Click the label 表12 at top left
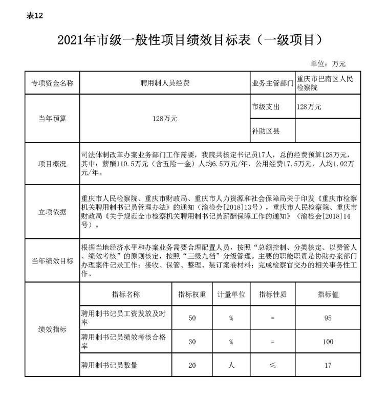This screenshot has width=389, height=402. click(x=35, y=15)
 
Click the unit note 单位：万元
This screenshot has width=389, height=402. click(x=328, y=64)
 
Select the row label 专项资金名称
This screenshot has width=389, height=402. click(x=52, y=83)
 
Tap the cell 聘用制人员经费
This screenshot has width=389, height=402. click(x=164, y=83)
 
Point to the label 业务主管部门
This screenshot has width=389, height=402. click(x=272, y=83)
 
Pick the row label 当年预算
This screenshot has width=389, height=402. click(x=52, y=118)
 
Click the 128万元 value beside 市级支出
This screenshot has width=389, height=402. click(x=309, y=107)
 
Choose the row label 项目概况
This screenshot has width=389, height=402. click(x=52, y=164)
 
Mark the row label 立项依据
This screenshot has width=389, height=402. click(x=52, y=212)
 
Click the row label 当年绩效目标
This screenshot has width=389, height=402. click(x=52, y=260)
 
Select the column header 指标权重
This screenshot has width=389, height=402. click(x=192, y=295)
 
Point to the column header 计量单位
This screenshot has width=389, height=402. click(x=231, y=295)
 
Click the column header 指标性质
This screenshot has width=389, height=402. click(x=272, y=295)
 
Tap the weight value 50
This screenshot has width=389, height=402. click(x=192, y=318)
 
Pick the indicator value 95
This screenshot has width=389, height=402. click(x=328, y=318)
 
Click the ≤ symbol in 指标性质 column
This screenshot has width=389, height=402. click(x=272, y=365)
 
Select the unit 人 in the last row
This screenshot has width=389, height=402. click(x=231, y=365)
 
